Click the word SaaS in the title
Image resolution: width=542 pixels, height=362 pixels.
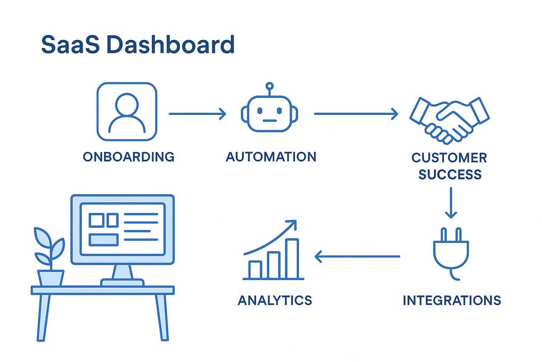click(x=68, y=45)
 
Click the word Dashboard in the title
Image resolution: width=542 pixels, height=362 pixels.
click(x=169, y=45)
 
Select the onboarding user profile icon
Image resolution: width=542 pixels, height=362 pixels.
click(x=127, y=111)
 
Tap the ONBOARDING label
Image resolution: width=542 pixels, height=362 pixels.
click(x=129, y=157)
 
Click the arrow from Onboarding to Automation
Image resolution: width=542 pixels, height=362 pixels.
click(x=197, y=114)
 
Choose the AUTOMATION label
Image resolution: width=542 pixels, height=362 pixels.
click(x=271, y=157)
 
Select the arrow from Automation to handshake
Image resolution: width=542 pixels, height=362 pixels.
click(x=356, y=114)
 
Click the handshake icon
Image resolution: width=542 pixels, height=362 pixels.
click(x=450, y=118)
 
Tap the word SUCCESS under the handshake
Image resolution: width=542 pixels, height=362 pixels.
click(x=450, y=174)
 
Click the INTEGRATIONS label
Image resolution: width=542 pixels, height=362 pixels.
click(x=452, y=300)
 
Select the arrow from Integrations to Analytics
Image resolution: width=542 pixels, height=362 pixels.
click(x=357, y=257)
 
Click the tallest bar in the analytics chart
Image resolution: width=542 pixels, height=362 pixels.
click(x=292, y=258)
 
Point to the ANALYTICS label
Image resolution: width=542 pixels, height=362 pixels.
click(x=275, y=300)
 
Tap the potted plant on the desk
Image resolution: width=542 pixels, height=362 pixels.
click(x=50, y=258)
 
